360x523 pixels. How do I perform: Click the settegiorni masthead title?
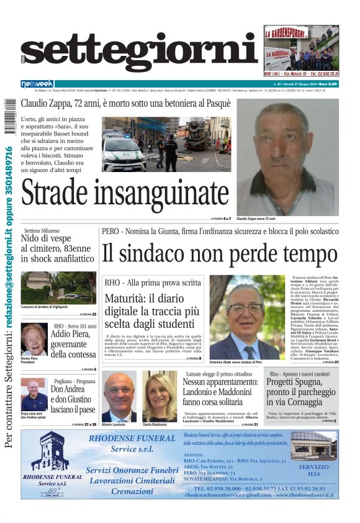pyautogui.click(x=139, y=53)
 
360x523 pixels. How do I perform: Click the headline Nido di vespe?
pyautogui.click(x=47, y=239)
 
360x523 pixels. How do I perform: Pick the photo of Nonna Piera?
pyautogui.click(x=34, y=339)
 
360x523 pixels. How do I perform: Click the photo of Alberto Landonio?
pyautogui.click(x=119, y=396)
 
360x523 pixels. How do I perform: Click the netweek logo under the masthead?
pyautogui.click(x=37, y=83)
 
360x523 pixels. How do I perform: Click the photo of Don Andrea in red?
pyautogui.click(x=33, y=394)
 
